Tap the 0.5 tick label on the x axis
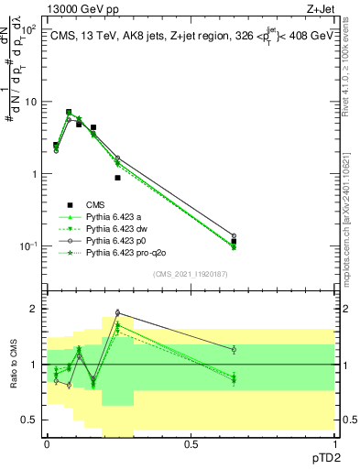point(191,442)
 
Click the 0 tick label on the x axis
point(47,442)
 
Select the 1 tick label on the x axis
point(334,442)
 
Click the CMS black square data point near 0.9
point(117,178)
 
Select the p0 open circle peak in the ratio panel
point(117,312)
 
